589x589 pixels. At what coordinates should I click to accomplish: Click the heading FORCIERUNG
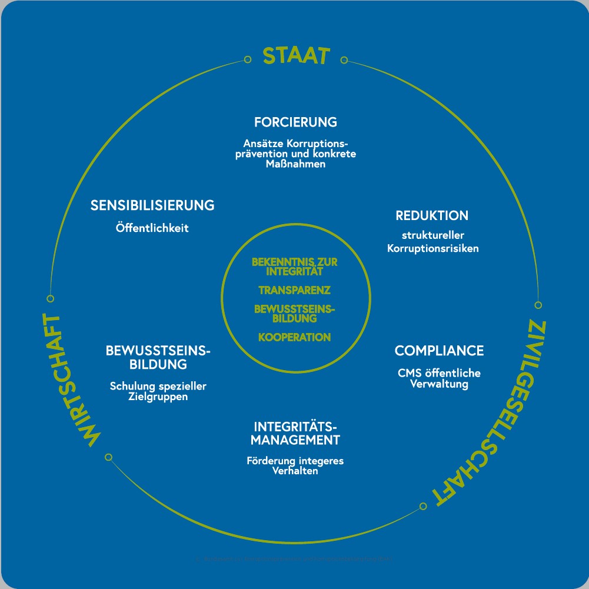pos(295,122)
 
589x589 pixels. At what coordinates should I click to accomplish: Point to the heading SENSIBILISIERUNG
pos(152,205)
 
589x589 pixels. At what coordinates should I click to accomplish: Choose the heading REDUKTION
pos(432,215)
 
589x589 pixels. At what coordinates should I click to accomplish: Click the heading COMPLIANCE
pos(439,351)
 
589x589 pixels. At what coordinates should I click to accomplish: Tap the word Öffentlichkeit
pos(152,228)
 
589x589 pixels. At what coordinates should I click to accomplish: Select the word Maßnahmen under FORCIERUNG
pos(295,164)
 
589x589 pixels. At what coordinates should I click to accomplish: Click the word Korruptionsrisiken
pos(433,248)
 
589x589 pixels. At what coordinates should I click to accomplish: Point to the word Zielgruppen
pos(158,397)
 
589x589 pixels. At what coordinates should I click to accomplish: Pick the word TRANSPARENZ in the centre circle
pos(294,290)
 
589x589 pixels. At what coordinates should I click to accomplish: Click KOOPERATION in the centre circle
pos(294,337)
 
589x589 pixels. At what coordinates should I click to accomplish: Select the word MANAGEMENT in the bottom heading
pos(295,440)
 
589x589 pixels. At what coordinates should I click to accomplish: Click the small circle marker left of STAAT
pos(247,59)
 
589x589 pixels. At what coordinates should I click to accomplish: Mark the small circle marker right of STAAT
pos(344,59)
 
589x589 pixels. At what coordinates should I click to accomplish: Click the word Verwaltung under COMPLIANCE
pos(439,384)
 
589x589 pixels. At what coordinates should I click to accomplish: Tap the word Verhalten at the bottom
pos(295,471)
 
